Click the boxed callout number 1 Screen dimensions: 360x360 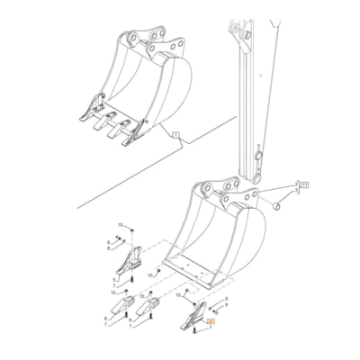point(177,135)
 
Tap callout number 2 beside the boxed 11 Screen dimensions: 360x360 point(294,183)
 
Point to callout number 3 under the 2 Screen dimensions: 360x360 point(294,191)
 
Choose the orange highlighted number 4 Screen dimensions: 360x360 point(211,321)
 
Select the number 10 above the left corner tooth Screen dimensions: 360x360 point(121,223)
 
